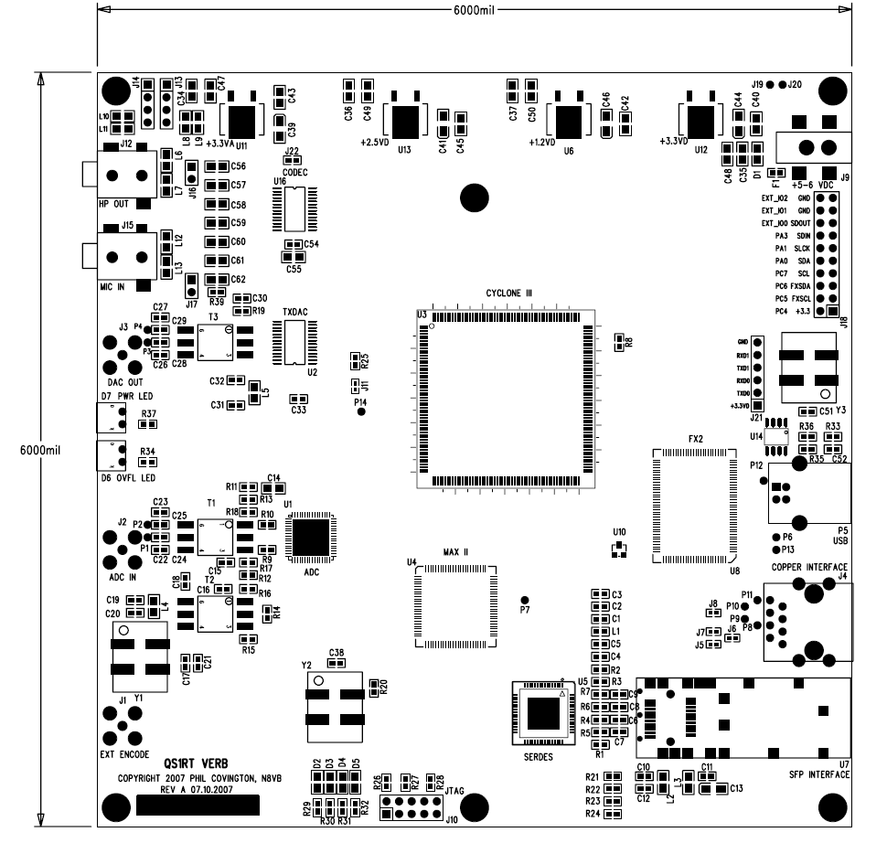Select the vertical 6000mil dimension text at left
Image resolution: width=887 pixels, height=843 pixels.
[x=39, y=450]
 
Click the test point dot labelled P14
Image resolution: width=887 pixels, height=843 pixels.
[x=360, y=412]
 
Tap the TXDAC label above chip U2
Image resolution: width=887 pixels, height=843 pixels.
[x=296, y=312]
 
